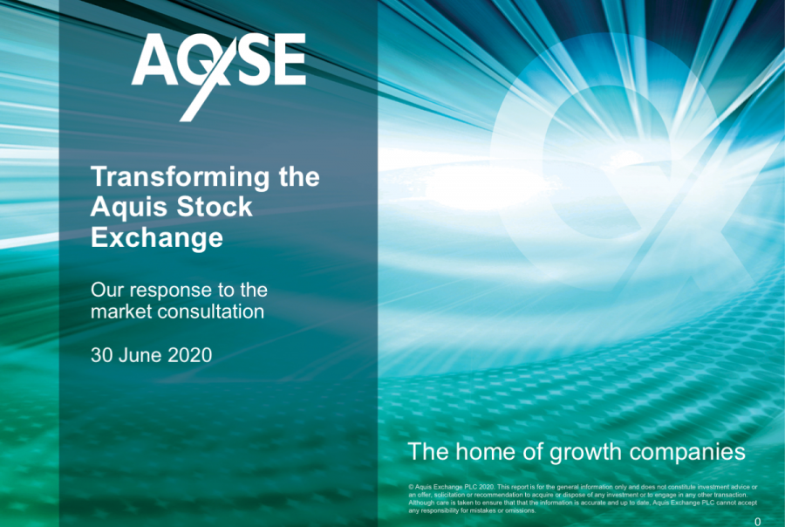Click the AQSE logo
point(219,77)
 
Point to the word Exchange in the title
point(157,238)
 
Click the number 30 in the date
point(101,355)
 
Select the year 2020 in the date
point(190,355)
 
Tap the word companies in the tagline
point(687,454)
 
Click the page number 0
point(757,522)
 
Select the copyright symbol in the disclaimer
point(411,487)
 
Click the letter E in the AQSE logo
point(287,59)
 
